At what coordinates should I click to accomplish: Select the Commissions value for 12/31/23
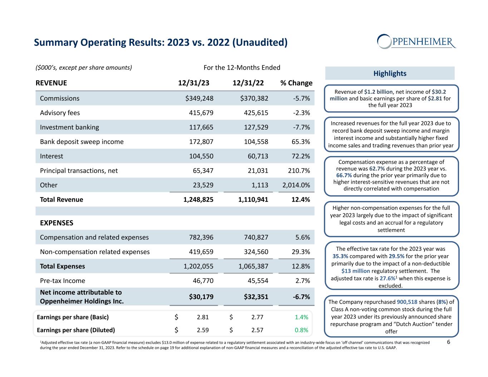[197, 98]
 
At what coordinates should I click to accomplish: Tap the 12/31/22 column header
[248, 83]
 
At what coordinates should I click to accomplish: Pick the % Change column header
[296, 83]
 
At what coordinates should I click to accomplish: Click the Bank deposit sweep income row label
[82, 142]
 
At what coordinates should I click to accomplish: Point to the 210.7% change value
[299, 170]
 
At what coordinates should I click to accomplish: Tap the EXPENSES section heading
[56, 223]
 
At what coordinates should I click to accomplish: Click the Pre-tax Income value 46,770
[201, 281]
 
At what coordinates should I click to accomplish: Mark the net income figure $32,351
[254, 297]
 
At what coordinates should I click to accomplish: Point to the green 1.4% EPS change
[302, 317]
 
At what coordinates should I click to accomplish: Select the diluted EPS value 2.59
[203, 330]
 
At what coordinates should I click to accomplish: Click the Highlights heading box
[390, 73]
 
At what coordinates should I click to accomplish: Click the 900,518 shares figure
[407, 302]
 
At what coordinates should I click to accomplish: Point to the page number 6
[449, 342]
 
